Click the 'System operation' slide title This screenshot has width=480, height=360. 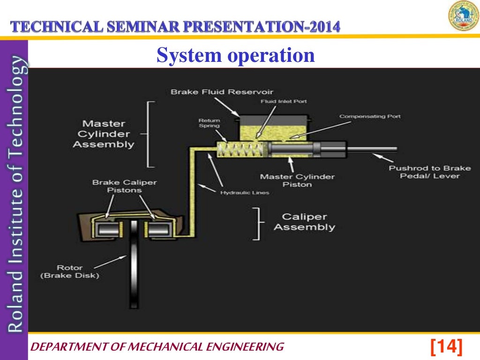(x=235, y=55)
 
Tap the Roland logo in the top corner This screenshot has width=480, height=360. (x=463, y=16)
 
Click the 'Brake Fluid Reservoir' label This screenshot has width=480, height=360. (x=222, y=91)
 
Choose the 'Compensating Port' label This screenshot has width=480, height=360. (x=370, y=116)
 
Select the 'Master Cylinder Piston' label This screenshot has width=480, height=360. (x=297, y=180)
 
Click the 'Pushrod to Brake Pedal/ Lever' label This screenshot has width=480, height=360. (x=429, y=172)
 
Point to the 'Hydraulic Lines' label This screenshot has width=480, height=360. (x=244, y=193)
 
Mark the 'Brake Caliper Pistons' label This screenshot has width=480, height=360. (x=124, y=186)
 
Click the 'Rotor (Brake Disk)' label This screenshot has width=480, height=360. (x=70, y=271)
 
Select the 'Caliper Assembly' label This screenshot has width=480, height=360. (x=304, y=222)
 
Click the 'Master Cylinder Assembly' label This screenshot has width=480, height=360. (x=103, y=134)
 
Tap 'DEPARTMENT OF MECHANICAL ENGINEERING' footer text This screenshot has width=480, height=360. (x=157, y=347)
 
